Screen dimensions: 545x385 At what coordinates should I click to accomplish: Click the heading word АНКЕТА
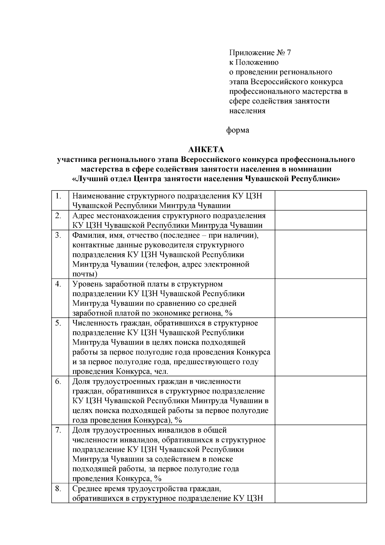tap(206, 150)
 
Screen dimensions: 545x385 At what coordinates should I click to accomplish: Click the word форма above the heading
tap(238, 130)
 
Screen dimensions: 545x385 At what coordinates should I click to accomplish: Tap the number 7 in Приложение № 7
tap(288, 53)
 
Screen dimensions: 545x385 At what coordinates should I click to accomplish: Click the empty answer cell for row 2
tap(321, 220)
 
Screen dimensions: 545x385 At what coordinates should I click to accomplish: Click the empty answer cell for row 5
tap(321, 347)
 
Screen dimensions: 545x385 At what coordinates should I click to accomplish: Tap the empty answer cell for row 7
tap(321, 454)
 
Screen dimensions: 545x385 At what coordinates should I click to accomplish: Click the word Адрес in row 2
tap(82, 215)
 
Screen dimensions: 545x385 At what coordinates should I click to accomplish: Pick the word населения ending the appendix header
tap(247, 111)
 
